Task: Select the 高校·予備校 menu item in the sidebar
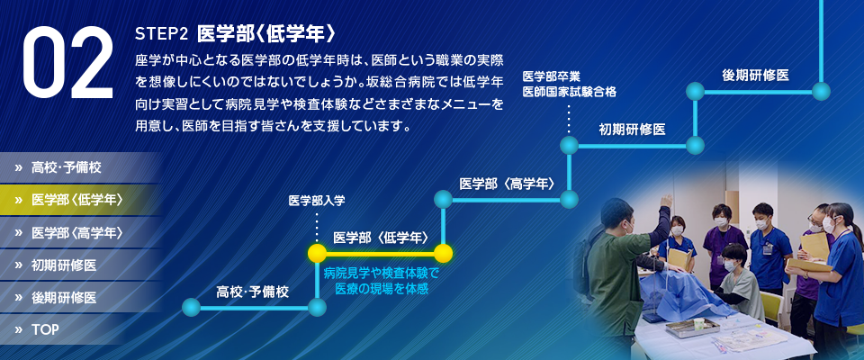point(67,167)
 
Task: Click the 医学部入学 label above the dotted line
point(317,201)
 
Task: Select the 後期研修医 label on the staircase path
point(755,76)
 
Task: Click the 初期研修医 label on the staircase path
point(632,130)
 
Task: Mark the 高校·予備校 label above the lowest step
point(252,292)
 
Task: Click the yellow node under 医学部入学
point(317,254)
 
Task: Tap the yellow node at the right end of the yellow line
point(443,254)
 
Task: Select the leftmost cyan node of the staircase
point(191,307)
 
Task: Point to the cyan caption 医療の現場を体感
point(382,287)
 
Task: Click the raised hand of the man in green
point(667,201)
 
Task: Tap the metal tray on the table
point(693,328)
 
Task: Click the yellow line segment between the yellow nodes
point(380,254)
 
